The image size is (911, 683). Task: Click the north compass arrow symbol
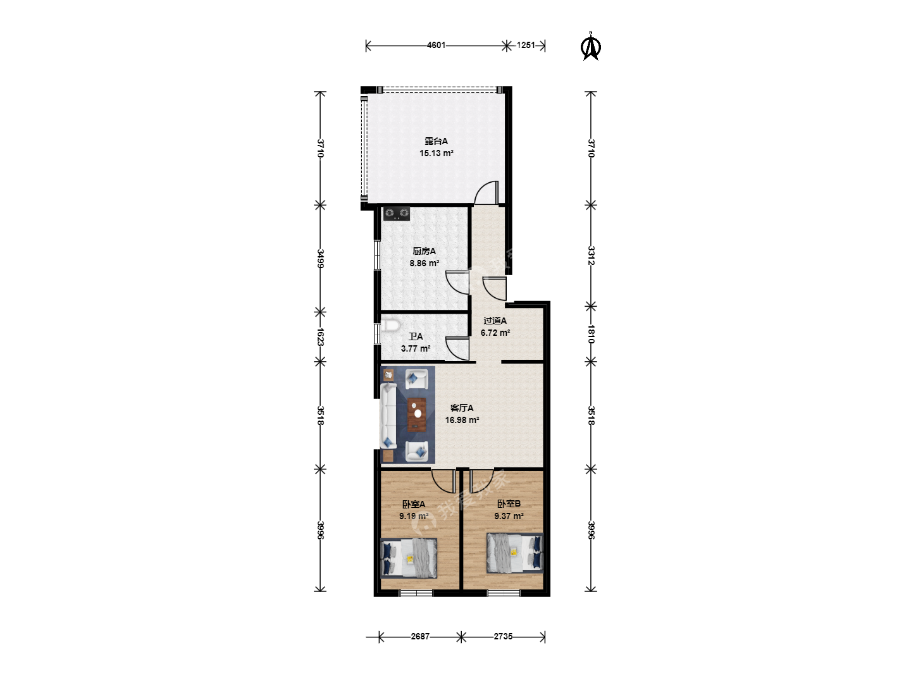point(591,47)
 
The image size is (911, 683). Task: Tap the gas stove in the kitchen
point(397,214)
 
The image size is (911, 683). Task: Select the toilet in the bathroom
point(390,325)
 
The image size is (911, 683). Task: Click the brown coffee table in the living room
point(417,415)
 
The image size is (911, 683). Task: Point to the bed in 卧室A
point(409,558)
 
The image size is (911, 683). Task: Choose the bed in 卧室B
point(514,553)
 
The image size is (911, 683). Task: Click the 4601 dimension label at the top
point(436,45)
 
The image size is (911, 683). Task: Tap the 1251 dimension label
point(526,45)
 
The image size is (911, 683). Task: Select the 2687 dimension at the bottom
point(420,637)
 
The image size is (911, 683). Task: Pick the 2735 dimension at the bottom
point(503,637)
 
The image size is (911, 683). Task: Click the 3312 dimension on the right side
point(591,255)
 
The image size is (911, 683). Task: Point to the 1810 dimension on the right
point(591,335)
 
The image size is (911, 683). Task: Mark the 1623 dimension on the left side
point(320,336)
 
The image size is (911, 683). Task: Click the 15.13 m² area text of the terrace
point(436,154)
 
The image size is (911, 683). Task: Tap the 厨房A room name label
point(424,251)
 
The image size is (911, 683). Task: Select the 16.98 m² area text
point(462,420)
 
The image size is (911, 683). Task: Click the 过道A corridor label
point(495,321)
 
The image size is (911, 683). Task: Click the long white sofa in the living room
point(388,416)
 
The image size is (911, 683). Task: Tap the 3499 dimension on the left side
point(320,259)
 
